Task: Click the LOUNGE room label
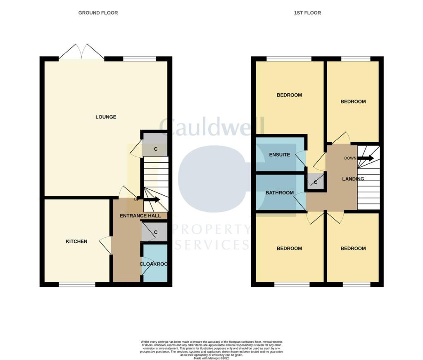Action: pos(106,117)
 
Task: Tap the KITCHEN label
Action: pos(76,242)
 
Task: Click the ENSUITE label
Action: pos(279,155)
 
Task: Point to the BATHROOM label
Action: pos(279,193)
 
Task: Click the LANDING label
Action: pos(353,179)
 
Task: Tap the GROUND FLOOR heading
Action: pos(98,13)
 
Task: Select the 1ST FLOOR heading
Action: pos(307,13)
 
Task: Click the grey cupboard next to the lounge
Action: pos(155,148)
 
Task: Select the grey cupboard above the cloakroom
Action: pos(154,232)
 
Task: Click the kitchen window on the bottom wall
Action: pos(77,284)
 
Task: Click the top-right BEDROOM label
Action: pos(353,102)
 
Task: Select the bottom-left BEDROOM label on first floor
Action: pos(289,249)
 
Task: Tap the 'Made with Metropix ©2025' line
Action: pos(211,358)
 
